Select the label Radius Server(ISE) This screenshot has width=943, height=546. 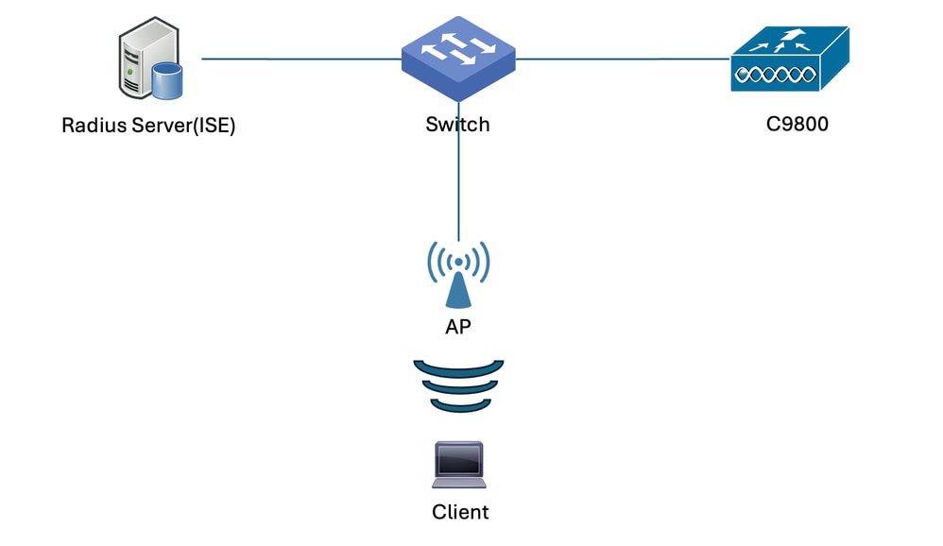(148, 126)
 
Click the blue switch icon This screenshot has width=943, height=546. (458, 60)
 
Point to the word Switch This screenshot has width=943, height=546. (458, 124)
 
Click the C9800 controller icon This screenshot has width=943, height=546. (790, 59)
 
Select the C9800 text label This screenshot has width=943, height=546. (797, 123)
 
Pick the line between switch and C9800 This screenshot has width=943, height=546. (624, 59)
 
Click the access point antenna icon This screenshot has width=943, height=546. (459, 274)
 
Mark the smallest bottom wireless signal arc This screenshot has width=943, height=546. (459, 405)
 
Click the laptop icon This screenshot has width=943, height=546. (459, 465)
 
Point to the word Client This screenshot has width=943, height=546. (460, 512)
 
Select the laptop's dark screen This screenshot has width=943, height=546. (459, 460)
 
